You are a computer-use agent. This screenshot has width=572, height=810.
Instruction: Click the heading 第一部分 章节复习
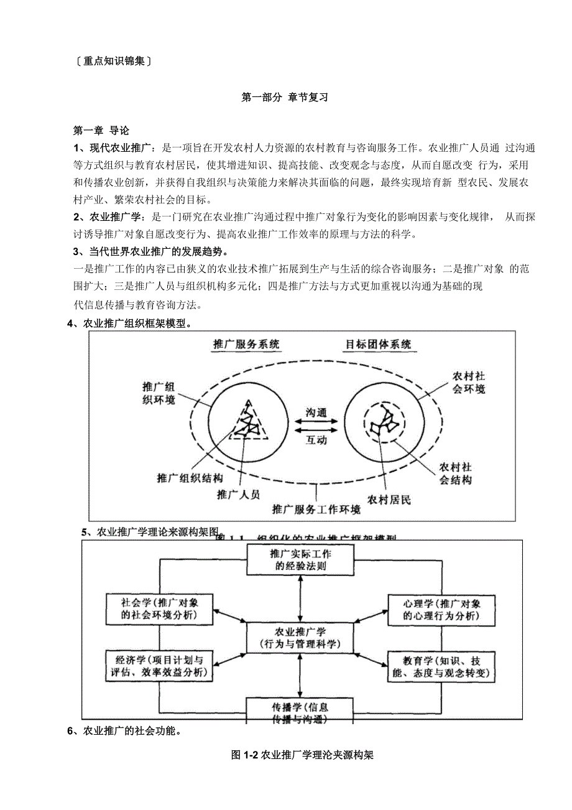(284, 98)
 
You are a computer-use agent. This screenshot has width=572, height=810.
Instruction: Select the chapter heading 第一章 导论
(101, 131)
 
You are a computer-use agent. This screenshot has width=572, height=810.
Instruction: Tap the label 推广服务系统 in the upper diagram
(246, 344)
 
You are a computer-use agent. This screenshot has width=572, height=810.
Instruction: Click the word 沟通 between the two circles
(316, 413)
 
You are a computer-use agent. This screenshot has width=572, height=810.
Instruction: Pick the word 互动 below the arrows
(316, 440)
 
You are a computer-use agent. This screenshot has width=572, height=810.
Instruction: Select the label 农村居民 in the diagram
(389, 500)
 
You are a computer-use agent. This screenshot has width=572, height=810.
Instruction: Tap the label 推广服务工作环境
(316, 510)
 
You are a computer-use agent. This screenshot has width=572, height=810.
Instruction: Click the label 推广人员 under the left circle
(238, 495)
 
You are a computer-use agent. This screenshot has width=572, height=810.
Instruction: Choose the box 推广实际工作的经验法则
(300, 559)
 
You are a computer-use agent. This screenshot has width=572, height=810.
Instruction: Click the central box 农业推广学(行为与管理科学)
(300, 637)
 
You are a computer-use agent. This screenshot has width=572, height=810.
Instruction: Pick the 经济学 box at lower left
(160, 666)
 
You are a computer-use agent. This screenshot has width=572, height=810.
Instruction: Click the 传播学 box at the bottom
(300, 712)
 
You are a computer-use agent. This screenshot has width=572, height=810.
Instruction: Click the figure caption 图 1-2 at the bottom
(302, 755)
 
